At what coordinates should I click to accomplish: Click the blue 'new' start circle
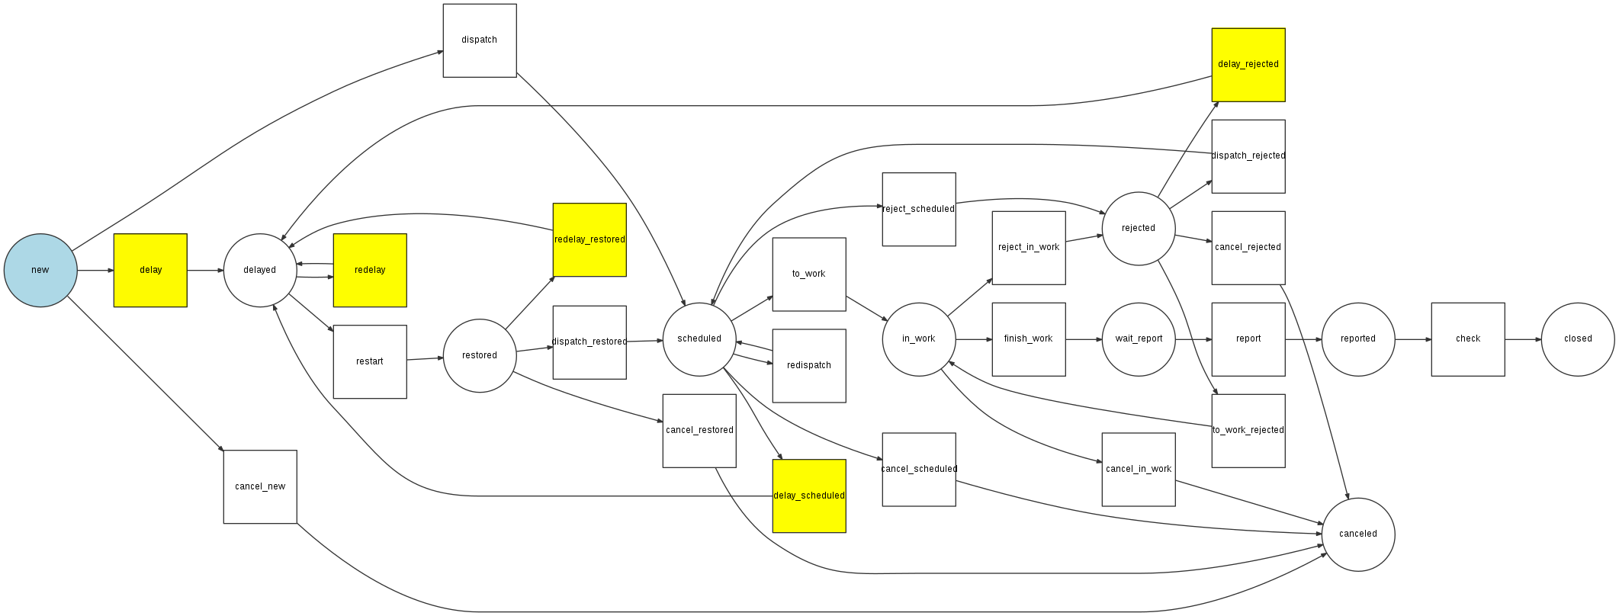(40, 271)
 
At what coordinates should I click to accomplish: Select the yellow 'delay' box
(150, 271)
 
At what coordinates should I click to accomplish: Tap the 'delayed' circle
(260, 271)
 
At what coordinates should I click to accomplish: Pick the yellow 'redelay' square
(370, 271)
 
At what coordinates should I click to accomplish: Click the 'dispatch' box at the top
(480, 40)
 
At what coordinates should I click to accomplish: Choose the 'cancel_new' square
(260, 486)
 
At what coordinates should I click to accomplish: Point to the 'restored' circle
(480, 355)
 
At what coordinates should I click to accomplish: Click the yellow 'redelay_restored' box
(589, 239)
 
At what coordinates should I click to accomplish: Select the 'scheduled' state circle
(699, 339)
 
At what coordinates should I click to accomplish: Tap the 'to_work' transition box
(809, 274)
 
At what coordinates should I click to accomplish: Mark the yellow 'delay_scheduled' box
(809, 496)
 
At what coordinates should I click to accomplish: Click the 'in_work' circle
(919, 339)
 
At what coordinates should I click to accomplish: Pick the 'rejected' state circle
(1139, 229)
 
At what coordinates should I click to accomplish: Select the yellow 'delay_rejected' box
(1248, 65)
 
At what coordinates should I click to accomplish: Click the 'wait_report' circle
(1139, 339)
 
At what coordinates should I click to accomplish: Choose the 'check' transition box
(1468, 339)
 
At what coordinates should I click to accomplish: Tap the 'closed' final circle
(1578, 339)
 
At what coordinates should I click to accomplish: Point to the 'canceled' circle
(1358, 534)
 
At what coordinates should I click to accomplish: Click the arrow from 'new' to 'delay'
(95, 271)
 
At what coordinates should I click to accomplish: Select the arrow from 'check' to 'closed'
(1523, 339)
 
